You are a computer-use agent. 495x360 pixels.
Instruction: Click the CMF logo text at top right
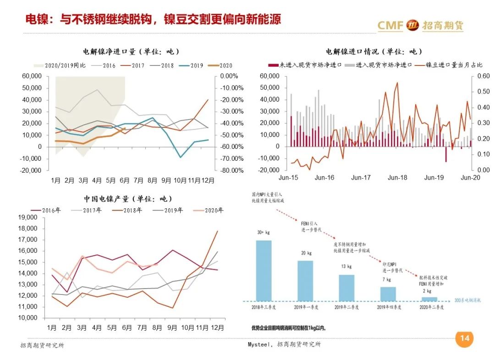(390, 25)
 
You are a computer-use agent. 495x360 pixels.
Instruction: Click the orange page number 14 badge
(464, 338)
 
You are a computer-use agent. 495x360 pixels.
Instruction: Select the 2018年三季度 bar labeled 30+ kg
(264, 270)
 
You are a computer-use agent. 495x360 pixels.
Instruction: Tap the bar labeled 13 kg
(346, 288)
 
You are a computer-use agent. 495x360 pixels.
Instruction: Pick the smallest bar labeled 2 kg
(429, 299)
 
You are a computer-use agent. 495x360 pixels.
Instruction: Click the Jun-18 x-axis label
(397, 178)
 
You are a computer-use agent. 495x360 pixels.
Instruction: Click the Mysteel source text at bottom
(281, 344)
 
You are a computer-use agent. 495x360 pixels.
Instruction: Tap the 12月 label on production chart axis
(218, 327)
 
